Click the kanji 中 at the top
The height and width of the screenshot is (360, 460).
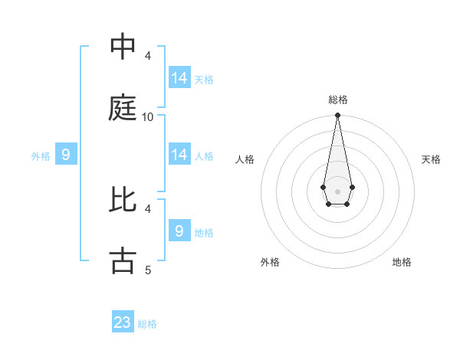(x=123, y=47)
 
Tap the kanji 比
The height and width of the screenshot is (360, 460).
(x=123, y=199)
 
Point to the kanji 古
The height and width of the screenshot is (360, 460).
(x=123, y=260)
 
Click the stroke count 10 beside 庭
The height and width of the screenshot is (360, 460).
(x=148, y=117)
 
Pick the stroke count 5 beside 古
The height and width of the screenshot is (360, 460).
(x=148, y=270)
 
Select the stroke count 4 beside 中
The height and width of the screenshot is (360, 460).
(x=148, y=56)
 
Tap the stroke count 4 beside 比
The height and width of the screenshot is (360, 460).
(x=148, y=208)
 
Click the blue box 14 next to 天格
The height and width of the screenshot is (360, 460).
(x=179, y=78)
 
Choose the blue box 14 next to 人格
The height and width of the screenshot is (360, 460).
(x=179, y=155)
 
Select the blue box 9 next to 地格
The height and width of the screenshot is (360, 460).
(x=179, y=231)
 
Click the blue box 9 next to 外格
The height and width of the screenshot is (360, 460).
(x=66, y=155)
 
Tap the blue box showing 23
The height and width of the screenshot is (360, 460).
(x=123, y=322)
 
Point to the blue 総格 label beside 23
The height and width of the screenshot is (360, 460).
(x=147, y=324)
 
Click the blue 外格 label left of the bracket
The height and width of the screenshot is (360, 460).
(x=41, y=156)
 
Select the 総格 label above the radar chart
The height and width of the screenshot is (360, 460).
(x=337, y=100)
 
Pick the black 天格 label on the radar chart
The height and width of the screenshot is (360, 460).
(x=432, y=159)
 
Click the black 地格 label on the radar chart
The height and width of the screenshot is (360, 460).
(x=402, y=262)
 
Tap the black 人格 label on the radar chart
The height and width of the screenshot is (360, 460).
(x=245, y=159)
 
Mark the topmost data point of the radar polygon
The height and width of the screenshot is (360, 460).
(x=337, y=115)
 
